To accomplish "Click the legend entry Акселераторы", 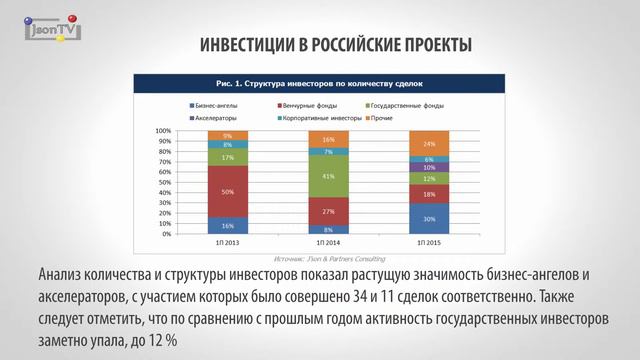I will (216, 117).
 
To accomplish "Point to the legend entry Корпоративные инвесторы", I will (320, 117).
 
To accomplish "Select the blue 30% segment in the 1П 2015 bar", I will (429, 219).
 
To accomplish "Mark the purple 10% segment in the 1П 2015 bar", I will (429, 168).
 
